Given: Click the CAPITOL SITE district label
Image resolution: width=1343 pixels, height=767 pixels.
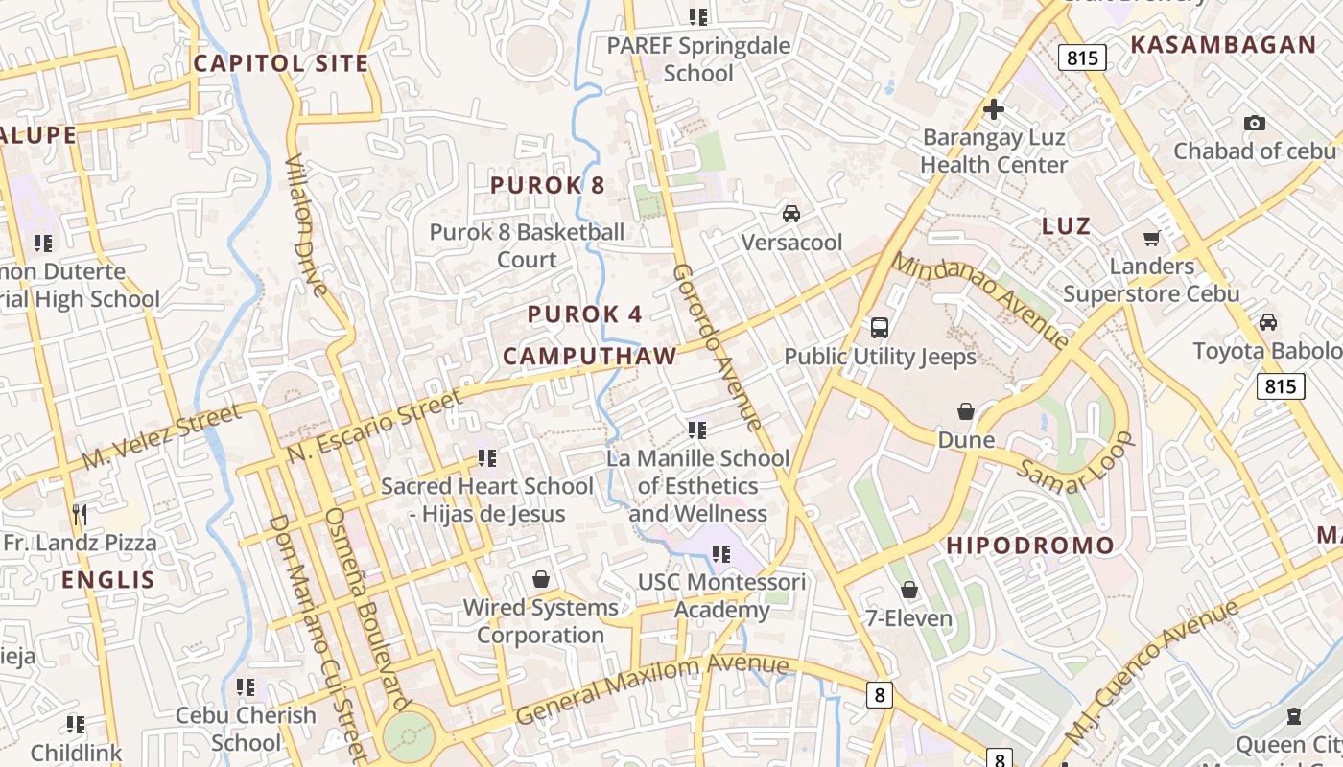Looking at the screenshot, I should point(281,63).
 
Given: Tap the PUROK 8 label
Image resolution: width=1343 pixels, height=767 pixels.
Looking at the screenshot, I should point(547,185).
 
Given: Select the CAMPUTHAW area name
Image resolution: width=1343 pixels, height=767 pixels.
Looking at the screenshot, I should point(590,356).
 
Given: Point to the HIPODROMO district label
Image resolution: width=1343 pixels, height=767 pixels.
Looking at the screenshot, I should point(1030,546).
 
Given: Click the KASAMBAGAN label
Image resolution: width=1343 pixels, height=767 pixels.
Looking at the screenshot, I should point(1223,45).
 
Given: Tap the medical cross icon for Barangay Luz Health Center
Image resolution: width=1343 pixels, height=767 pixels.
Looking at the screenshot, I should point(993,109).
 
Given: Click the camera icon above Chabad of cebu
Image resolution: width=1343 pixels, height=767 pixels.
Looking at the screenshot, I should point(1254,123).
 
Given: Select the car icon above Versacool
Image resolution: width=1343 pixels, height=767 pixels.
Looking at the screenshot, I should point(791,213).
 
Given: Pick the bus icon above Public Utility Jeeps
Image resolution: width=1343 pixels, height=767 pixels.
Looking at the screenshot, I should point(880,328).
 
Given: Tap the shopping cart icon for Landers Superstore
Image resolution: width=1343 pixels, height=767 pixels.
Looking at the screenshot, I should point(1151,237).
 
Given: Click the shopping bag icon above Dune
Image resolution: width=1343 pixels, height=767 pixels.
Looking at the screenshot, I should point(966,411).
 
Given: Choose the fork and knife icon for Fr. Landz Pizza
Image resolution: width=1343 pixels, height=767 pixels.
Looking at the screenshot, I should point(80,514).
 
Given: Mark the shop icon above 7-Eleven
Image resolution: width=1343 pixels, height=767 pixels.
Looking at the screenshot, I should point(909,589).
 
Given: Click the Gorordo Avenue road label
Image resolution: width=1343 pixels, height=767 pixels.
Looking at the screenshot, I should point(717,347).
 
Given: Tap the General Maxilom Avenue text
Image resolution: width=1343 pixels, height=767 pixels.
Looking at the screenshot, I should point(652,688).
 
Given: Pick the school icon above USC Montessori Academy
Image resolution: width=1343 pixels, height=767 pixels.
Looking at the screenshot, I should point(722,553).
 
